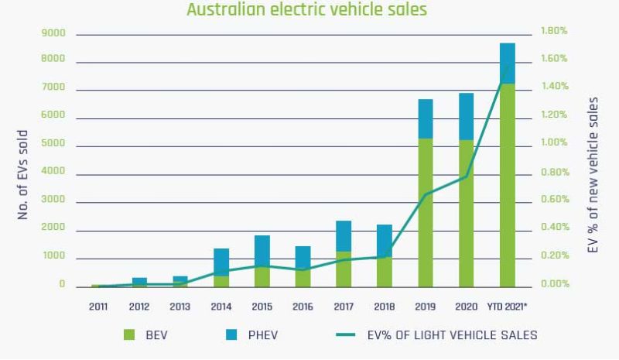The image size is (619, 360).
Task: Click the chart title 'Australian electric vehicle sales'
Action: [306, 10]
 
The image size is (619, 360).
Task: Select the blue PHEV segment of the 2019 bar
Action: [426, 118]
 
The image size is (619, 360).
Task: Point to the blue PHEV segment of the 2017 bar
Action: [344, 236]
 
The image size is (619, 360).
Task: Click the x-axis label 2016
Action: [303, 307]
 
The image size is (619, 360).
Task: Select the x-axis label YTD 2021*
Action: [508, 307]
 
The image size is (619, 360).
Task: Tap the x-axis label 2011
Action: [98, 307]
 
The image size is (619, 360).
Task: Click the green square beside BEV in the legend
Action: [129, 335]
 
